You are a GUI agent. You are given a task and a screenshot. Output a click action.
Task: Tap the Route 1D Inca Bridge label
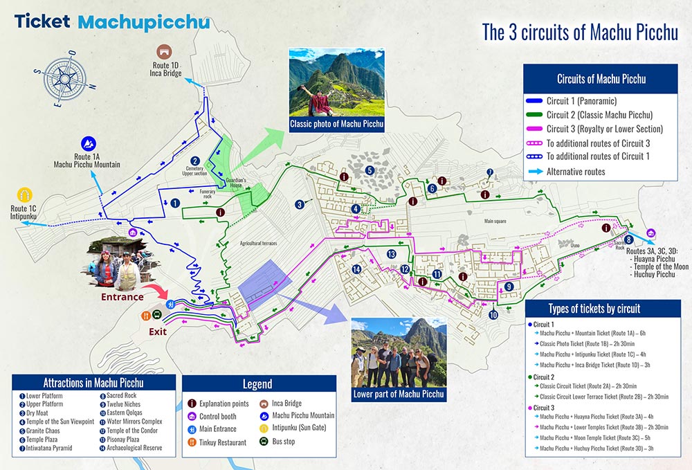point(165,69)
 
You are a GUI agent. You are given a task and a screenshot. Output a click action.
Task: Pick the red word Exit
point(158,331)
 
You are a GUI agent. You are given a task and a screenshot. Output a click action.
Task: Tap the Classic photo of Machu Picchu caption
point(336,125)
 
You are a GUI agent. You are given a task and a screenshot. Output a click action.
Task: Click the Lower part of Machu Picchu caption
point(398,394)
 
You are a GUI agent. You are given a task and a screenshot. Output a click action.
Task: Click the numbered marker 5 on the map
point(370,170)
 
